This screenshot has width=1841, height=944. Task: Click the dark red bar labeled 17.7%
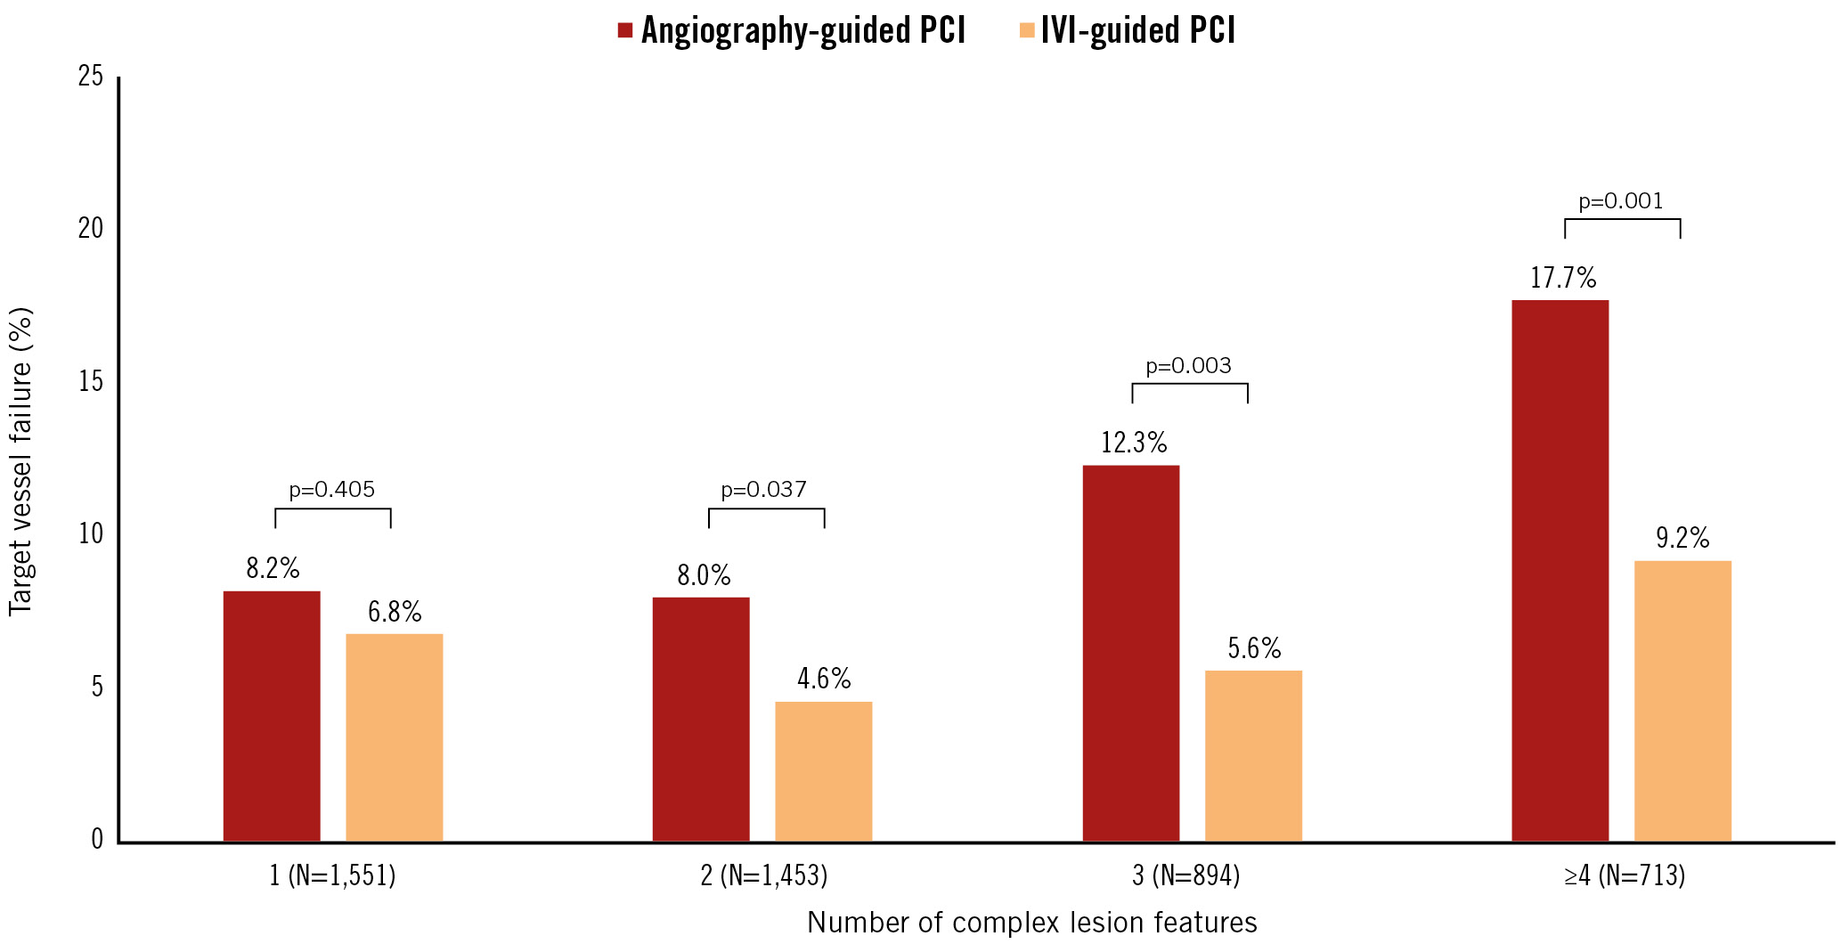pyautogui.click(x=1560, y=570)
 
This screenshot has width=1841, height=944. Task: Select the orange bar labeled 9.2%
pyautogui.click(x=1682, y=701)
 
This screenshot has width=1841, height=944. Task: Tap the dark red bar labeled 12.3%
pyautogui.click(x=1130, y=653)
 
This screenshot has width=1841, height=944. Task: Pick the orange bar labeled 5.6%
pyautogui.click(x=1253, y=755)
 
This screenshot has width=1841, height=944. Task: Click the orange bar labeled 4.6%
pyautogui.click(x=823, y=771)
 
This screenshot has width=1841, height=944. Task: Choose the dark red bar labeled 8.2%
pyautogui.click(x=272, y=716)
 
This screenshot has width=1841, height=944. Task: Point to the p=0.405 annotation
pyautogui.click(x=332, y=490)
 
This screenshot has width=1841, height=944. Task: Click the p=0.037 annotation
pyautogui.click(x=764, y=490)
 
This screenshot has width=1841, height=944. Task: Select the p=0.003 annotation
pyautogui.click(x=1188, y=366)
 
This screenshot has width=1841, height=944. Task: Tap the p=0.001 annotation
pyautogui.click(x=1621, y=201)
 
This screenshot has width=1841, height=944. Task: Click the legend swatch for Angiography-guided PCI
pyautogui.click(x=625, y=31)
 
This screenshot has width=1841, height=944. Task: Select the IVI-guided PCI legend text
pyautogui.click(x=1137, y=31)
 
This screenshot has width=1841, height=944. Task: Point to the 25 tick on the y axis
pyautogui.click(x=91, y=77)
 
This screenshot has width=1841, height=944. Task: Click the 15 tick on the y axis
pyautogui.click(x=91, y=382)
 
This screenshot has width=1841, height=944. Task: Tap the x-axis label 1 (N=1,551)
pyautogui.click(x=332, y=876)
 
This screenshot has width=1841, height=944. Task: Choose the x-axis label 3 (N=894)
pyautogui.click(x=1185, y=876)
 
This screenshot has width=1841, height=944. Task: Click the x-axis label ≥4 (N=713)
pyautogui.click(x=1624, y=876)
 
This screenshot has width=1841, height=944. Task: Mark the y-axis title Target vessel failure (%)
pyautogui.click(x=20, y=461)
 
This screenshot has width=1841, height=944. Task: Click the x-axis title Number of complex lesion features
pyautogui.click(x=1031, y=923)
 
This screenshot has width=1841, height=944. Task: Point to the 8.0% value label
pyautogui.click(x=704, y=576)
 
